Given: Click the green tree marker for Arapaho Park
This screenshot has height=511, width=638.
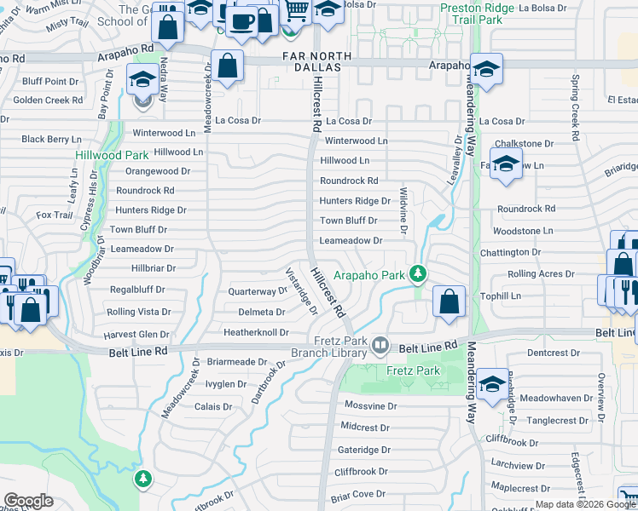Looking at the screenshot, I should tap(417, 273).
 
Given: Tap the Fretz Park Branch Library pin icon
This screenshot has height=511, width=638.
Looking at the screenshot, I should tap(380, 346).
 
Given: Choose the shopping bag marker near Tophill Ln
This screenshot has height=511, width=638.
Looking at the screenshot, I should tap(449, 301).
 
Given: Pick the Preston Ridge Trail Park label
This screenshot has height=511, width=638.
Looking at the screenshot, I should tap(478, 13).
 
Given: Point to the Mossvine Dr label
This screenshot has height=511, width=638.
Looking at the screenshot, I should tap(369, 406).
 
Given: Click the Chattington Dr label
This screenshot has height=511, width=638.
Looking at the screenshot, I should tap(517, 252).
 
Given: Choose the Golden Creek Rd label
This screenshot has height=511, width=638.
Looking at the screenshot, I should tap(48, 100).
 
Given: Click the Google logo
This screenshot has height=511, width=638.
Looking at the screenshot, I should tap(28, 500).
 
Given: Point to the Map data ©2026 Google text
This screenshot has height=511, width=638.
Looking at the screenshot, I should tap(585, 504).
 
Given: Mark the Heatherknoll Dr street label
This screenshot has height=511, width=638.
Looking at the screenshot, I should tap(256, 332).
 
